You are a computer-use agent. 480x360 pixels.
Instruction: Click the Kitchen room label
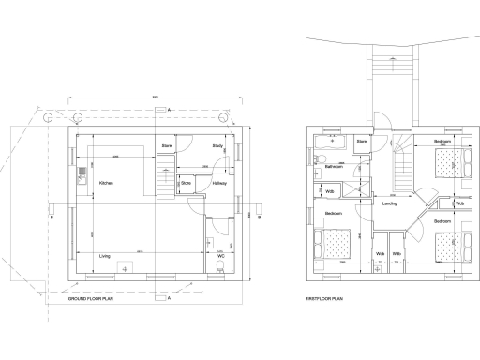pyautogui.click(x=106, y=183)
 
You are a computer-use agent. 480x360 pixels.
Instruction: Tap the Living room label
pyautogui.click(x=105, y=255)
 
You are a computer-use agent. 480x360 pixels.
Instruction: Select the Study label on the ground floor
pyautogui.click(x=217, y=146)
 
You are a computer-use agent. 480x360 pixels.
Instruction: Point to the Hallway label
pyautogui.click(x=218, y=183)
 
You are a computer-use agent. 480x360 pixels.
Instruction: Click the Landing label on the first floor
pyautogui.click(x=390, y=202)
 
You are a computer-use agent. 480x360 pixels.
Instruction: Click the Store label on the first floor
pyautogui.click(x=362, y=142)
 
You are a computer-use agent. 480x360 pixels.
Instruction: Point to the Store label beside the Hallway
pyautogui.click(x=186, y=183)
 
